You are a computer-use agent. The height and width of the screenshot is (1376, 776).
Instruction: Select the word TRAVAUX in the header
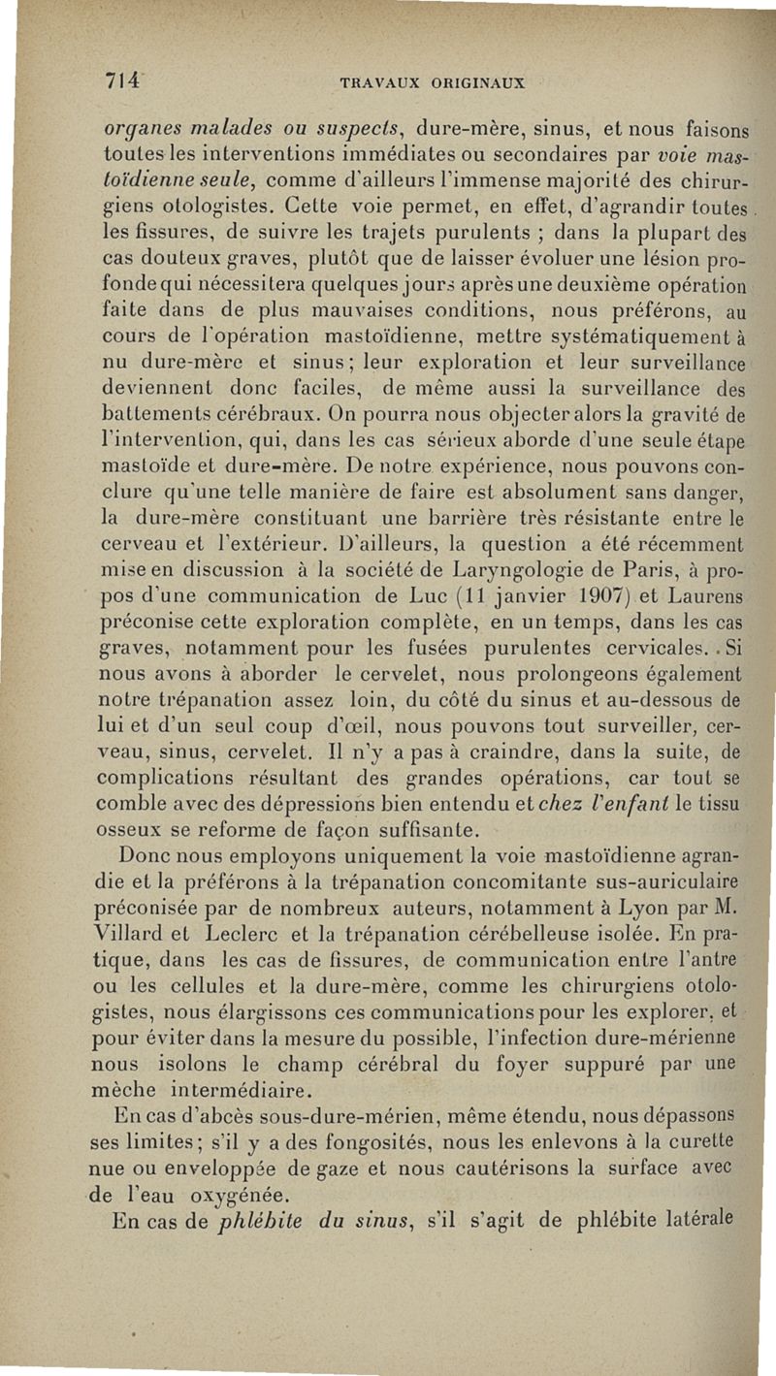(x=382, y=84)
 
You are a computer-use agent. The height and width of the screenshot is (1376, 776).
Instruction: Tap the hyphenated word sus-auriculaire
(x=660, y=883)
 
